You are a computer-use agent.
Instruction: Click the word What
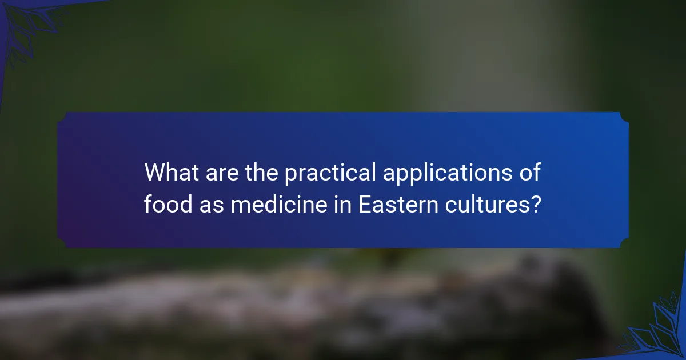coord(170,172)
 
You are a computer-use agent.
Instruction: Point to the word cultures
coord(490,203)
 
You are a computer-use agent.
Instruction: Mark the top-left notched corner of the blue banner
coord(62,117)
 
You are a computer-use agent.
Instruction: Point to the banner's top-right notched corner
coord(624,117)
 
